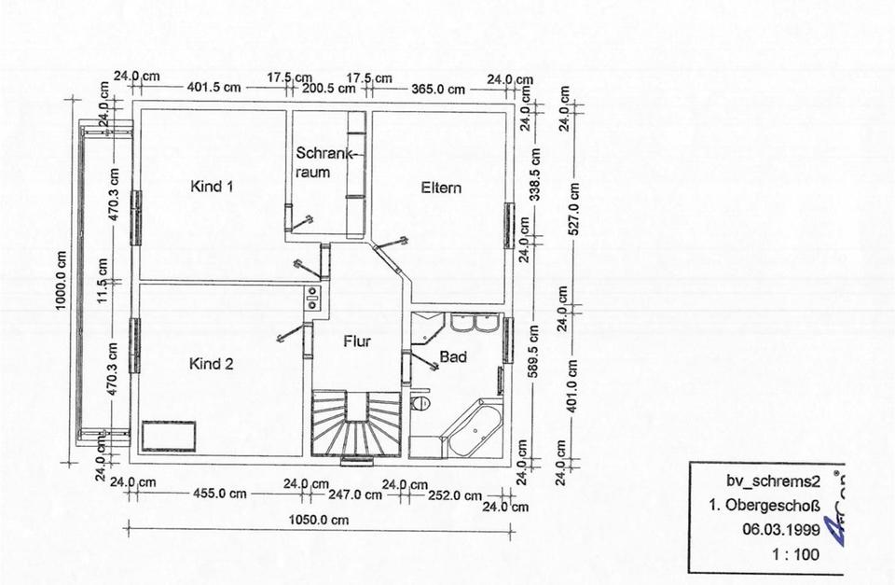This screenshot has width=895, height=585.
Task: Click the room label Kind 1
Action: [212, 187]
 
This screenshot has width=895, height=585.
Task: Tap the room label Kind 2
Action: [212, 364]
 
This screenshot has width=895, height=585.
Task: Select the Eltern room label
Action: [441, 188]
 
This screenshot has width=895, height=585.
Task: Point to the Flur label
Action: [357, 341]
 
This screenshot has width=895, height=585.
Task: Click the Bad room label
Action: [453, 357]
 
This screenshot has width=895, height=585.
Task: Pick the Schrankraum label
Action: [323, 162]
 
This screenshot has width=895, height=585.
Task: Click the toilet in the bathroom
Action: [420, 403]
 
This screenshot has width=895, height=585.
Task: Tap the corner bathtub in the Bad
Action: [474, 428]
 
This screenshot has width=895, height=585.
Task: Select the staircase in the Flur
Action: [356, 424]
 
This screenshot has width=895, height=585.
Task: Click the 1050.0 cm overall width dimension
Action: [319, 520]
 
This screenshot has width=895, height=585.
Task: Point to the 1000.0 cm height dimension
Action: [62, 281]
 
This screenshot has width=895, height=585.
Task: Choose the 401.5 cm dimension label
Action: [214, 88]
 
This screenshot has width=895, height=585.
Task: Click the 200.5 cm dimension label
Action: [329, 89]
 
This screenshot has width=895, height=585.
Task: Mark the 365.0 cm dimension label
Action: [438, 90]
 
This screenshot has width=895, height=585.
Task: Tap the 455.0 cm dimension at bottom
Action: [219, 493]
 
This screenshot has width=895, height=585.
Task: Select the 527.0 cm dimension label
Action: [574, 209]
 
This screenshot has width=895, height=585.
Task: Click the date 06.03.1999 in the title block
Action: [781, 530]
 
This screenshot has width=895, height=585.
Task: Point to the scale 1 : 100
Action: [795, 554]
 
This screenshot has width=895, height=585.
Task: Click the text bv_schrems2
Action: [774, 481]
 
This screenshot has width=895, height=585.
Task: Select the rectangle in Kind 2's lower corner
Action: [169, 436]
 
